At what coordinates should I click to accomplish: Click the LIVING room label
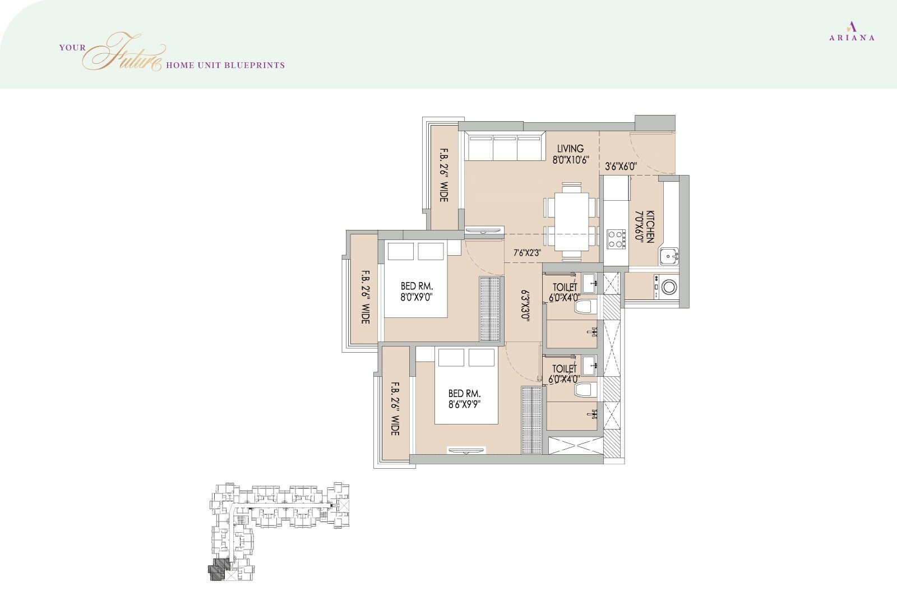(x=570, y=154)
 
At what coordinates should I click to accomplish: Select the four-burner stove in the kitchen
(x=616, y=239)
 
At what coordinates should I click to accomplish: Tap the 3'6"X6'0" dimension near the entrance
(x=621, y=167)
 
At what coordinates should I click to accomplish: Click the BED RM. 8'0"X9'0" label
(x=415, y=292)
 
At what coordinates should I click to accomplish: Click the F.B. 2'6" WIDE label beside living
(x=444, y=175)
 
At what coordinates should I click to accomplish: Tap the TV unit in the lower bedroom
(x=466, y=449)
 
